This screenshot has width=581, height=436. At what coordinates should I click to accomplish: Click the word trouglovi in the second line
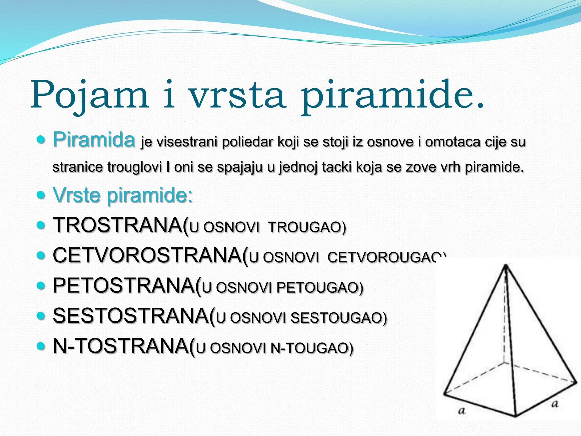tap(134, 167)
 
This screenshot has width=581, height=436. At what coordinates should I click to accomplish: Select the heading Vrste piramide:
tap(123, 195)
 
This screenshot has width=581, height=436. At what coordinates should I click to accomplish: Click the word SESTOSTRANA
tap(131, 316)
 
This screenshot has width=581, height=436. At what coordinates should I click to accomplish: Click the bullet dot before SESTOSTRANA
tap(41, 315)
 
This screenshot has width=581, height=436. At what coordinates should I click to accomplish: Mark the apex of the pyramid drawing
tap(506, 266)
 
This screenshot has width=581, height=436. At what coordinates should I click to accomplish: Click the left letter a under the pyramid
tap(462, 410)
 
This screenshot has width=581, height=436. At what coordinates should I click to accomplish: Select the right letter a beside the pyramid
tap(555, 403)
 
